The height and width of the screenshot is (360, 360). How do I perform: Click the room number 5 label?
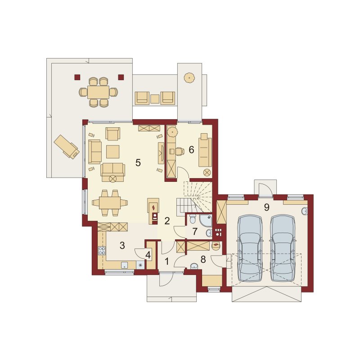[138, 163]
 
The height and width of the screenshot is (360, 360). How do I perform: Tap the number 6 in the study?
[191, 150]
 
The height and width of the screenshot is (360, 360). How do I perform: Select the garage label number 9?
[266, 207]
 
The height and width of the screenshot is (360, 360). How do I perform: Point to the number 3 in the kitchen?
[122, 245]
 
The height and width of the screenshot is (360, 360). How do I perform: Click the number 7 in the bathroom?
[195, 232]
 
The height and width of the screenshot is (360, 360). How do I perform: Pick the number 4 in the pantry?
[148, 255]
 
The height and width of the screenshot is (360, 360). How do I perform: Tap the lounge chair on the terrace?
[67, 147]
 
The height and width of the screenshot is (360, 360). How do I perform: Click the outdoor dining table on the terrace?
[98, 92]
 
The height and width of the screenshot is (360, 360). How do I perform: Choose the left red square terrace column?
[77, 77]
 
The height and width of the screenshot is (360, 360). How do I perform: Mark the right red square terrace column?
[121, 77]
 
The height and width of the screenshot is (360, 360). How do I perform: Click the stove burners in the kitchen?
[102, 251]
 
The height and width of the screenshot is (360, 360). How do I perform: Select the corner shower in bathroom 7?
[206, 220]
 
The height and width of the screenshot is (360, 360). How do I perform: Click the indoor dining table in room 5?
[110, 203]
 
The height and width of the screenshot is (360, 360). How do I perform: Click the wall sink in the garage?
[305, 211]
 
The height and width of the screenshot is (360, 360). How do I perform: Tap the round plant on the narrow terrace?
[189, 78]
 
